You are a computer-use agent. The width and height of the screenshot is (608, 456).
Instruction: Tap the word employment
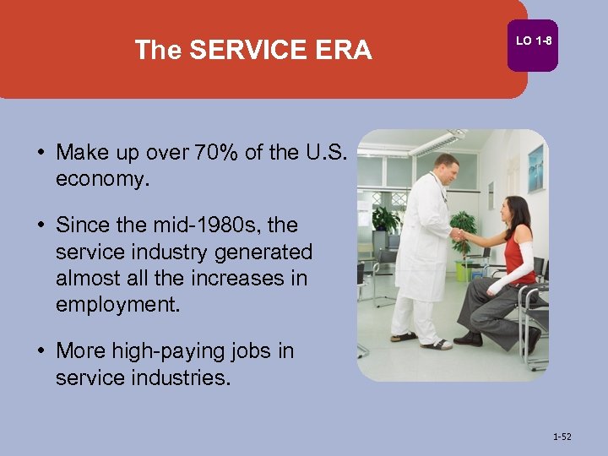click(x=118, y=305)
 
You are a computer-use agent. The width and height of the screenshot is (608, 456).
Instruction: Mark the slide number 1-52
click(x=562, y=437)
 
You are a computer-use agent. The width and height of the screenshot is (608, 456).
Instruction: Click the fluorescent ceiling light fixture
click(x=438, y=142)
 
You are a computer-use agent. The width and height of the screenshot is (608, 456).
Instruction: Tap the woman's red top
click(x=519, y=255)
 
